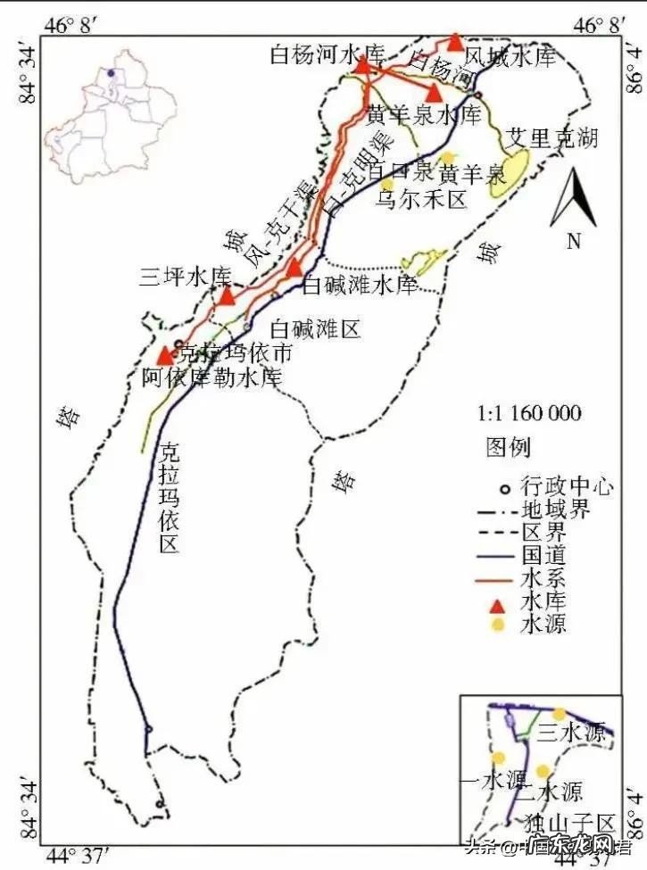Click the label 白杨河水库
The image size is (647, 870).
click(327, 54)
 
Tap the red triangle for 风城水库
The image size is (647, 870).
click(455, 42)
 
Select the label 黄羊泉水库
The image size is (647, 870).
click(424, 115)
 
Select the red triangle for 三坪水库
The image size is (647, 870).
click(227, 295)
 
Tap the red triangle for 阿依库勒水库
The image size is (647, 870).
click(165, 356)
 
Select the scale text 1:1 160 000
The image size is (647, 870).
click(529, 413)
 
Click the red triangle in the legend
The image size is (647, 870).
click(499, 601)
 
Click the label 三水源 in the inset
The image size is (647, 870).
click(573, 733)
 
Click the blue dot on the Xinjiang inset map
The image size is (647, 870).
click(110, 73)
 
